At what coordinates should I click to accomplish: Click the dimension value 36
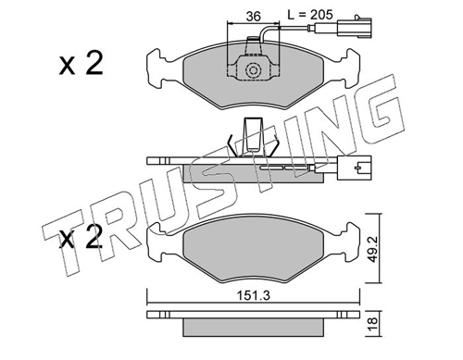pyautogui.click(x=254, y=16)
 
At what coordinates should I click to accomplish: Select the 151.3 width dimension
pyautogui.click(x=254, y=295)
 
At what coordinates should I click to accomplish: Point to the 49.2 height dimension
pyautogui.click(x=372, y=248)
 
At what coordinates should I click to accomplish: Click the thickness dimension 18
pyautogui.click(x=372, y=324)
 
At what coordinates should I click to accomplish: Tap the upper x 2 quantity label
pyautogui.click(x=81, y=63)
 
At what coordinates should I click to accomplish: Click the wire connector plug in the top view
pyautogui.click(x=355, y=28)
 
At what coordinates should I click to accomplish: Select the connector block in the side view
pyautogui.click(x=355, y=168)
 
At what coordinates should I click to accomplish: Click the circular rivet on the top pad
pyautogui.click(x=253, y=70)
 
